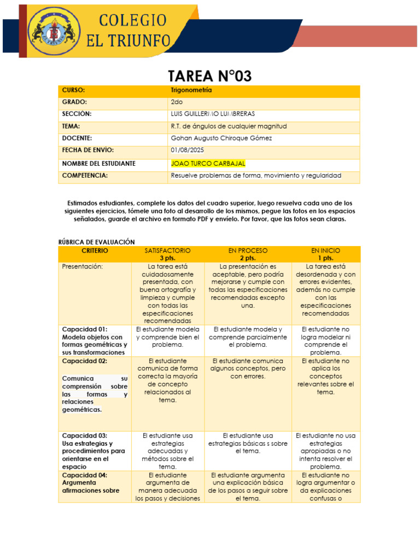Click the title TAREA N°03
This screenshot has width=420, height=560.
click(209, 76)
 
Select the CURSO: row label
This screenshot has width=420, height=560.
click(74, 90)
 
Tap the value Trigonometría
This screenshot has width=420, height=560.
click(191, 90)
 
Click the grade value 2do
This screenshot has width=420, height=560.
click(177, 102)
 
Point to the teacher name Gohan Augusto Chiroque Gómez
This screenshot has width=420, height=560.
click(221, 138)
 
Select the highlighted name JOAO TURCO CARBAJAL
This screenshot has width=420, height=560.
click(208, 164)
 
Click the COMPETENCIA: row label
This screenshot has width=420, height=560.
click(85, 176)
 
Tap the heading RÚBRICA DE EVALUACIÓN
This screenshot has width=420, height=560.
click(96, 242)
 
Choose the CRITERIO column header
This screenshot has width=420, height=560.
click(95, 250)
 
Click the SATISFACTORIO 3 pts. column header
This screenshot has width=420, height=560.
click(167, 254)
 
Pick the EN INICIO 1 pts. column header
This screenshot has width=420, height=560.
click(326, 254)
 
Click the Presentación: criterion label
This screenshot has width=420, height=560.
click(82, 266)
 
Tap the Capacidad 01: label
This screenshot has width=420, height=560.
click(85, 329)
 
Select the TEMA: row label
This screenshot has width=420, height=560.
click(71, 126)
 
